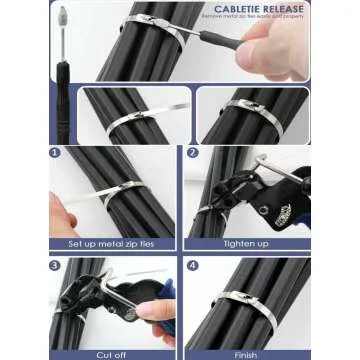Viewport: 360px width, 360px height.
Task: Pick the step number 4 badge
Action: (193, 266)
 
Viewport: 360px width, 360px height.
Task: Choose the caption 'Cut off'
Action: (112, 353)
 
